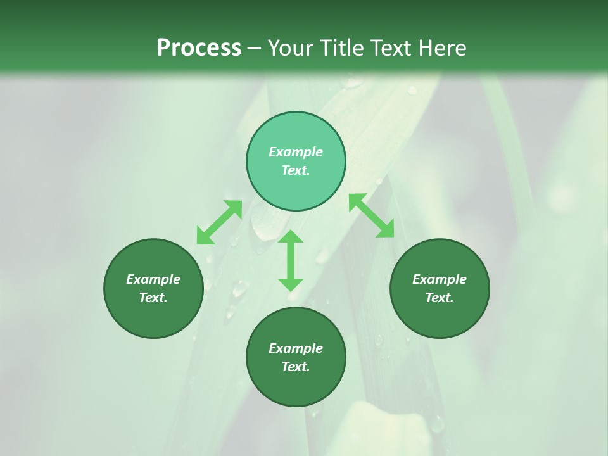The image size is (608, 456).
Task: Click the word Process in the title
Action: point(199,48)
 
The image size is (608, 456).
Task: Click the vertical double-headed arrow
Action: point(291,260)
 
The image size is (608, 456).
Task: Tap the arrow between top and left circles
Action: point(219,222)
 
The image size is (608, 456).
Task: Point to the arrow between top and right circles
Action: point(372,216)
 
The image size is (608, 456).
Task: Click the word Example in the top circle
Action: point(296,152)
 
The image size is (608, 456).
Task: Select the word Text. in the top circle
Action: point(296,170)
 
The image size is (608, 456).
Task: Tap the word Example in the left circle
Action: point(153,279)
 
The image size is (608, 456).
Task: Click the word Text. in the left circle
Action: point(153,298)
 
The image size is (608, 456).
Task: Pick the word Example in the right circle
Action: point(440,279)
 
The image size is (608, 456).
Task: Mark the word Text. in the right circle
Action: point(440,298)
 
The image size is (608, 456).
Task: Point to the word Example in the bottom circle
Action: point(296,348)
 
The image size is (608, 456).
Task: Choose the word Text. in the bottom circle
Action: point(296,367)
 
